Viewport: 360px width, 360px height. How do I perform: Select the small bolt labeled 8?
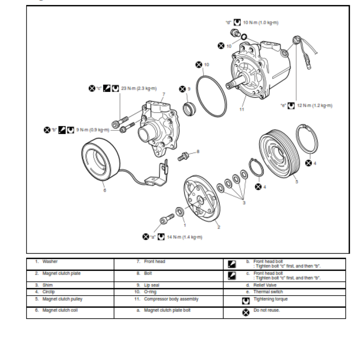(184, 157)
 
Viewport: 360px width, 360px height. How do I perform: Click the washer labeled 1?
(179, 211)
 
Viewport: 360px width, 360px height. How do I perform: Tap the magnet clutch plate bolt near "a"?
(165, 221)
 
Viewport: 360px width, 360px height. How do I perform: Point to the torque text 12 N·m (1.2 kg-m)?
(315, 105)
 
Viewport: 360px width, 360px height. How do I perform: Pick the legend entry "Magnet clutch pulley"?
(62, 299)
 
